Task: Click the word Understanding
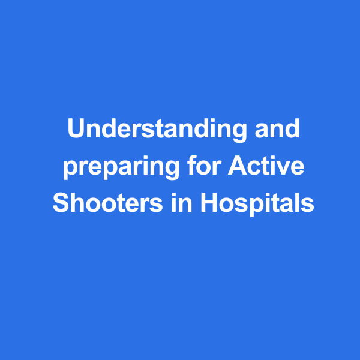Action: point(157,130)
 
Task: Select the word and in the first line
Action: point(277,128)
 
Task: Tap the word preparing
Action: point(121,167)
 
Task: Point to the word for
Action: point(204,165)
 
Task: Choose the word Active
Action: point(266,165)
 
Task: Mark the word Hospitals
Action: point(257,204)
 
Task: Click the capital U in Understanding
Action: point(76,128)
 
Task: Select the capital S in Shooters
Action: point(61,202)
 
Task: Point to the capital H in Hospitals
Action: point(209,202)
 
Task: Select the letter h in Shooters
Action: point(78,202)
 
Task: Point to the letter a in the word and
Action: point(262,131)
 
